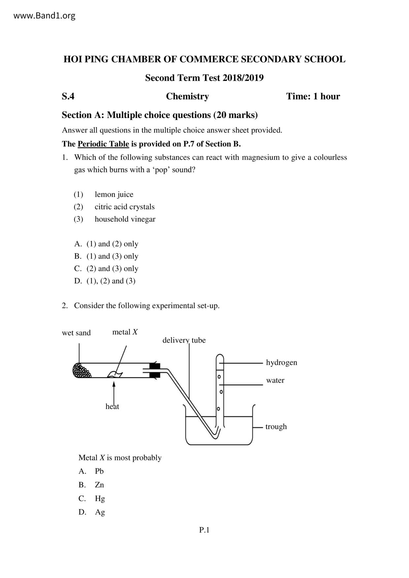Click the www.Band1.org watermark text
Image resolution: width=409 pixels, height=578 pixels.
(x=44, y=15)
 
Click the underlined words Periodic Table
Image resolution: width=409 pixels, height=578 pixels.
(x=103, y=144)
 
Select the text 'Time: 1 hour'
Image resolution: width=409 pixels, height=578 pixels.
(x=313, y=96)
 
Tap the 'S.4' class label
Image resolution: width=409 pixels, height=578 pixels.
(x=68, y=96)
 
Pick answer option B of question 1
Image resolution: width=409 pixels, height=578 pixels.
(x=106, y=256)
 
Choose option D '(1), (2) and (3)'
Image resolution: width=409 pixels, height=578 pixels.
(x=105, y=281)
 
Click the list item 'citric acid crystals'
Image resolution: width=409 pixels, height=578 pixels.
(x=124, y=207)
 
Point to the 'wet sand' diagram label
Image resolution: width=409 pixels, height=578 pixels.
(x=76, y=333)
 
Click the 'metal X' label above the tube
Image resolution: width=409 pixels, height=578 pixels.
(x=125, y=332)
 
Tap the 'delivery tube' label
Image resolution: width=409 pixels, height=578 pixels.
(x=184, y=340)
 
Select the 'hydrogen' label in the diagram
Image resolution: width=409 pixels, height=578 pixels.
(x=281, y=362)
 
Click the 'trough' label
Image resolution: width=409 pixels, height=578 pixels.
(x=276, y=426)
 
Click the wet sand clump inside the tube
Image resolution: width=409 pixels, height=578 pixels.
(x=82, y=370)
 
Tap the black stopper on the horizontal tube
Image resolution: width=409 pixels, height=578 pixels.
(x=154, y=370)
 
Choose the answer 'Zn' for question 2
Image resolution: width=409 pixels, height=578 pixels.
(x=99, y=485)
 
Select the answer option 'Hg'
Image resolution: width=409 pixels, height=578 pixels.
(x=100, y=498)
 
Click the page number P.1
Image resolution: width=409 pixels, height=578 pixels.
(x=204, y=530)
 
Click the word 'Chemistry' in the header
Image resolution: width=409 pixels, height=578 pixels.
(x=187, y=96)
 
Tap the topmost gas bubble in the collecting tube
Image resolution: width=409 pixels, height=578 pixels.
(x=219, y=376)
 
